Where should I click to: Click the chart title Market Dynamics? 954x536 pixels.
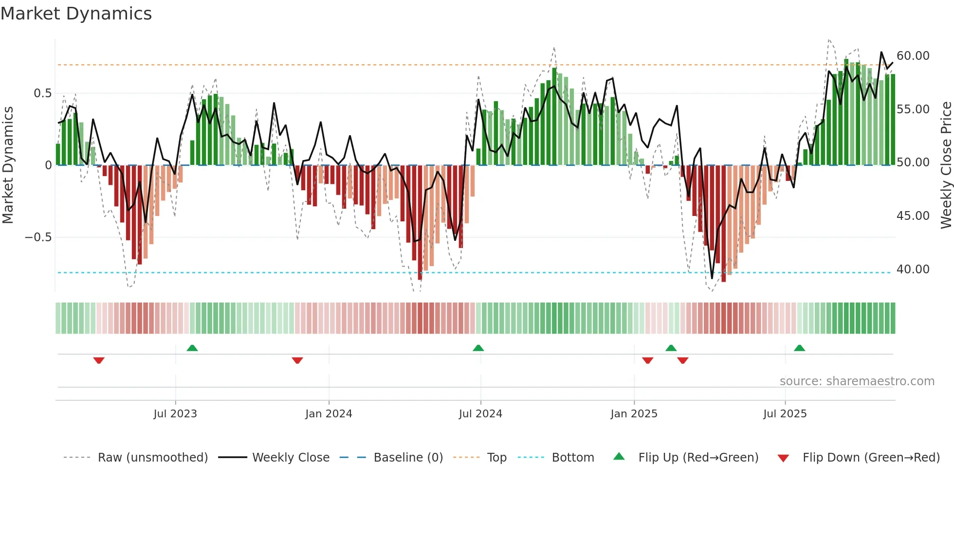click(76, 14)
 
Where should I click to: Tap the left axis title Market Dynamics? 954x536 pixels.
click(8, 165)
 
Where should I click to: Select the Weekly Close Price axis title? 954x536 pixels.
click(946, 165)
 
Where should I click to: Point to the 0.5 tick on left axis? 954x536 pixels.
click(42, 93)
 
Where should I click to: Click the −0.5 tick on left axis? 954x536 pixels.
click(38, 237)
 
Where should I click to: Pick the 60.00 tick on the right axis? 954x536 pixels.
click(913, 56)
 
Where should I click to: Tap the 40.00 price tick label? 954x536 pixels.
click(913, 269)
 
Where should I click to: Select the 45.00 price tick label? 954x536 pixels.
click(913, 216)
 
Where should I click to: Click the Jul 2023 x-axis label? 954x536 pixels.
click(175, 414)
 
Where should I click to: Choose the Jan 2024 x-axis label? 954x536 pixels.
click(329, 414)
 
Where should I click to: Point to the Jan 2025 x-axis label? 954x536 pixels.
click(634, 414)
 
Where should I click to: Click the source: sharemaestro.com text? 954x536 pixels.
click(857, 381)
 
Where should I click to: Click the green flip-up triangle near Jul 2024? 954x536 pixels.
click(478, 348)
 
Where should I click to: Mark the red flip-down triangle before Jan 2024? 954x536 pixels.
click(297, 360)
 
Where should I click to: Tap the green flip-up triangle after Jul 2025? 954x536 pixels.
click(799, 348)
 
